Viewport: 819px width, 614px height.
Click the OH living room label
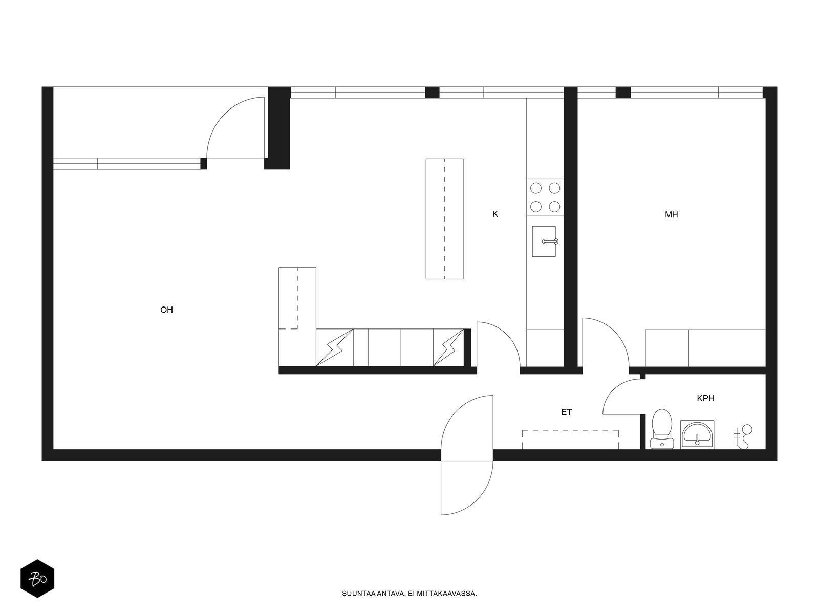[166, 310]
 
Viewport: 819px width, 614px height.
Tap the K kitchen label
[495, 214]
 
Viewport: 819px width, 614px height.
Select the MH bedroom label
[671, 215]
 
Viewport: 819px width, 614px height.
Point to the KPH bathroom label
[705, 398]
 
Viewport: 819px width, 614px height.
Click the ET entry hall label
[567, 412]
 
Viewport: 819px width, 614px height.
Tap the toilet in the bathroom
[662, 429]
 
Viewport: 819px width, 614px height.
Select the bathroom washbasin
[697, 435]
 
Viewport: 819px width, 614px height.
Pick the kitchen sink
[544, 241]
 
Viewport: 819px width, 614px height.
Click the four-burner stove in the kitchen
[545, 197]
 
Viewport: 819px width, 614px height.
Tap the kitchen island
[444, 219]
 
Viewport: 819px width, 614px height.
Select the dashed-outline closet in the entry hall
[570, 440]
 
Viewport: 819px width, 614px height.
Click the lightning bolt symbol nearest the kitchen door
[448, 347]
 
